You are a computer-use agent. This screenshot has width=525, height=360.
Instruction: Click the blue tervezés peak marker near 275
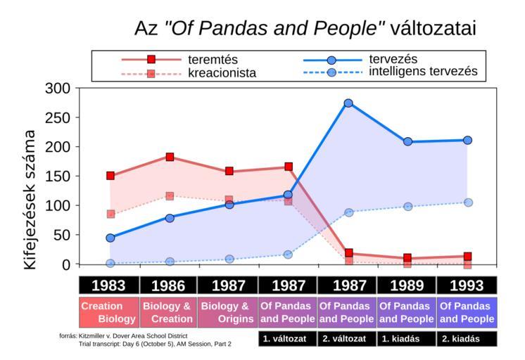coord(348,103)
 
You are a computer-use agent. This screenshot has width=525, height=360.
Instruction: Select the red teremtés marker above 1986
coord(170,157)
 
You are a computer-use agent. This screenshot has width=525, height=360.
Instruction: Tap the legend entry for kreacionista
coord(222,73)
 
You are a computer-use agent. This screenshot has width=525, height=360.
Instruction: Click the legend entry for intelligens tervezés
coord(423,72)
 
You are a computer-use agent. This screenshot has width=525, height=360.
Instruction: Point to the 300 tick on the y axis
coord(56,89)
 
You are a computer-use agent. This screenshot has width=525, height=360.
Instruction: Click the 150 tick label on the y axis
coord(56,176)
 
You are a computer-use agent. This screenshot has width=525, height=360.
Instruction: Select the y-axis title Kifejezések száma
coord(30,200)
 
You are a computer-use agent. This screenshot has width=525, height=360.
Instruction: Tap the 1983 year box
coord(109,285)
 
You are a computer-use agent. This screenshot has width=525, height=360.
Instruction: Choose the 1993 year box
coord(467,285)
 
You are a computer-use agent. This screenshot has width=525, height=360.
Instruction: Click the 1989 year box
coord(407,285)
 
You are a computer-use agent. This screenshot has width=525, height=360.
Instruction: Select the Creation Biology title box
coord(109,312)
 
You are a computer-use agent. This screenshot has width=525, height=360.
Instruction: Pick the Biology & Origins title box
coord(229,312)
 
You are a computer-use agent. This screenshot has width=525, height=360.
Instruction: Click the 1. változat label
coord(288,339)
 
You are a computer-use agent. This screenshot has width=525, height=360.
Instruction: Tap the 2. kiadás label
coord(467,339)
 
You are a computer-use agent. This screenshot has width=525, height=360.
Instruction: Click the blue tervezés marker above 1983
coord(110,238)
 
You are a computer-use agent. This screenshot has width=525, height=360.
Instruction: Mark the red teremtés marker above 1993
coord(467,257)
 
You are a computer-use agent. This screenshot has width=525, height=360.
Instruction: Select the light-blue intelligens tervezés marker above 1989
coord(408,207)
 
